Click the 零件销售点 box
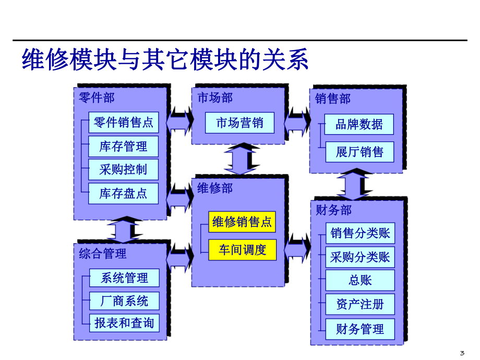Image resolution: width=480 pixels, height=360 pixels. [123, 123]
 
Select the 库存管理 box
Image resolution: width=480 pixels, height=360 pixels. [123, 147]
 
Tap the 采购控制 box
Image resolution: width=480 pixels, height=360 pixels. [123, 170]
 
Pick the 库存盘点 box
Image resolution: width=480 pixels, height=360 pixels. [123, 194]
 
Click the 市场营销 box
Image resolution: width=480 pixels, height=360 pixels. [239, 123]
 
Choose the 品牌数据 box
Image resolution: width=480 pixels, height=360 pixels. [359, 124]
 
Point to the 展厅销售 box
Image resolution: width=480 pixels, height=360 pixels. [359, 152]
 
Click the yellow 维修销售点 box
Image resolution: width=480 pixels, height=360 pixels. [242, 222]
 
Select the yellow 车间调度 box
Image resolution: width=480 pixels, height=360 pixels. [242, 250]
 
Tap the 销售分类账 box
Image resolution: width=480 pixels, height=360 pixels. [360, 233]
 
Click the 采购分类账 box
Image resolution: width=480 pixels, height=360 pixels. [360, 257]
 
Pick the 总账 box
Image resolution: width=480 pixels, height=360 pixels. [360, 280]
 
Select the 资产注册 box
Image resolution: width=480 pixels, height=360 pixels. [360, 304]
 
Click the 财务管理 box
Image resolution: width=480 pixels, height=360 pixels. [360, 329]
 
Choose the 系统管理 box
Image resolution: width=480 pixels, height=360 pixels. [124, 278]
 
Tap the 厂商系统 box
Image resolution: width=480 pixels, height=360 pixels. [124, 301]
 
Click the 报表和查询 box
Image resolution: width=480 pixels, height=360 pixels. [124, 323]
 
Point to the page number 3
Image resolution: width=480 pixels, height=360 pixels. [462, 352]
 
